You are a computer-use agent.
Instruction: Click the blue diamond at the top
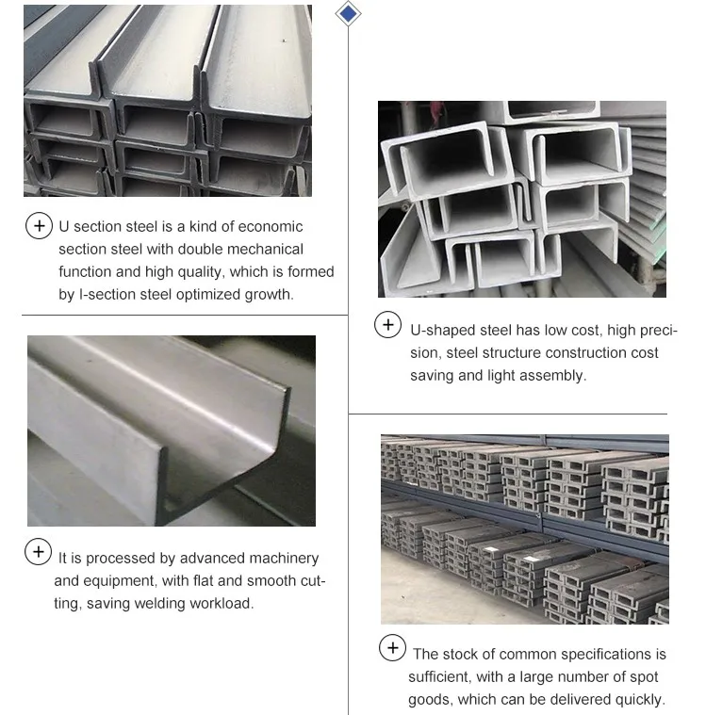349,13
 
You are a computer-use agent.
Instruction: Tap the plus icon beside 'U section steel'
38,226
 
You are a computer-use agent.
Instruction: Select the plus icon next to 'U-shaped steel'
387,326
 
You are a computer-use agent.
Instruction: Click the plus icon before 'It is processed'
38,552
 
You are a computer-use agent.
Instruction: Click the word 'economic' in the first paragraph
271,227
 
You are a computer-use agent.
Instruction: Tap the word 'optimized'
207,295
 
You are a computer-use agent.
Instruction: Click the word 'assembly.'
556,375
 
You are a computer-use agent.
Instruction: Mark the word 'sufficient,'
443,677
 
